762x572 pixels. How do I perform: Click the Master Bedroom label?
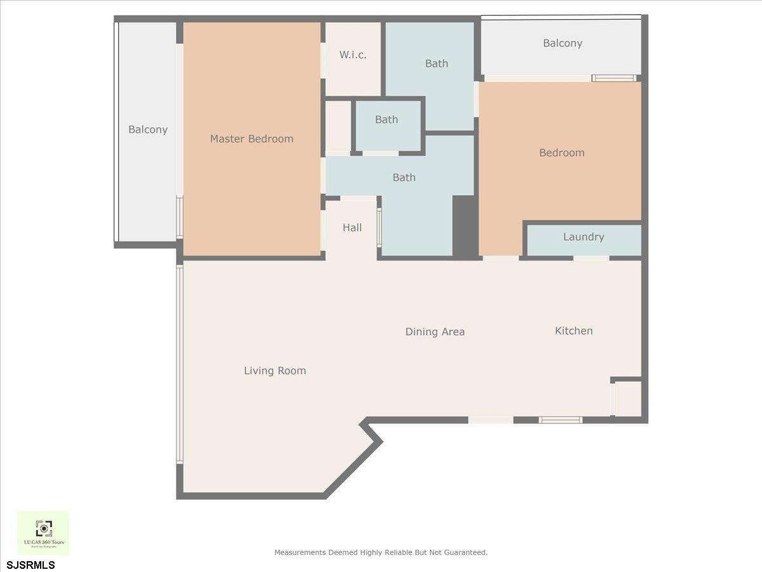pyautogui.click(x=251, y=139)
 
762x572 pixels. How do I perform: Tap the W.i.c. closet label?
pyautogui.click(x=352, y=55)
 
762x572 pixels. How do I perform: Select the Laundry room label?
pyautogui.click(x=583, y=237)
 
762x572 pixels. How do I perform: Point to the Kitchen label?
pyautogui.click(x=573, y=330)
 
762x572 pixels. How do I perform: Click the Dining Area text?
pyautogui.click(x=435, y=332)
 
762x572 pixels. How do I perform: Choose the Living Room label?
pyautogui.click(x=275, y=371)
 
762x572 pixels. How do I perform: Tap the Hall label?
pyautogui.click(x=352, y=228)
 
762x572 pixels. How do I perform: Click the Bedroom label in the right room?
pyautogui.click(x=561, y=153)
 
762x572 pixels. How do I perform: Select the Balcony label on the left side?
pyautogui.click(x=148, y=130)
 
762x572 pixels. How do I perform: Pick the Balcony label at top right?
pyautogui.click(x=562, y=43)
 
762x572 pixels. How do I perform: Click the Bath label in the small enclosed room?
pyautogui.click(x=386, y=119)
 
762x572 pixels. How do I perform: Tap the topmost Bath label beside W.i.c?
pyautogui.click(x=436, y=64)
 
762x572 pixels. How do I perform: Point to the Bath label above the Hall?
pyautogui.click(x=404, y=177)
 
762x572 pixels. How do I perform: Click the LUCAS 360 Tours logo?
pyautogui.click(x=43, y=533)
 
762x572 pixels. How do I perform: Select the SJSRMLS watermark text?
pyautogui.click(x=31, y=564)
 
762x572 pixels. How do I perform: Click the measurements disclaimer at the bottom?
pyautogui.click(x=381, y=552)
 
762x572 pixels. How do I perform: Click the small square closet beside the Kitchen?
pyautogui.click(x=628, y=399)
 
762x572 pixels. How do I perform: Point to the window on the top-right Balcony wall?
pyautogui.click(x=613, y=78)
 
